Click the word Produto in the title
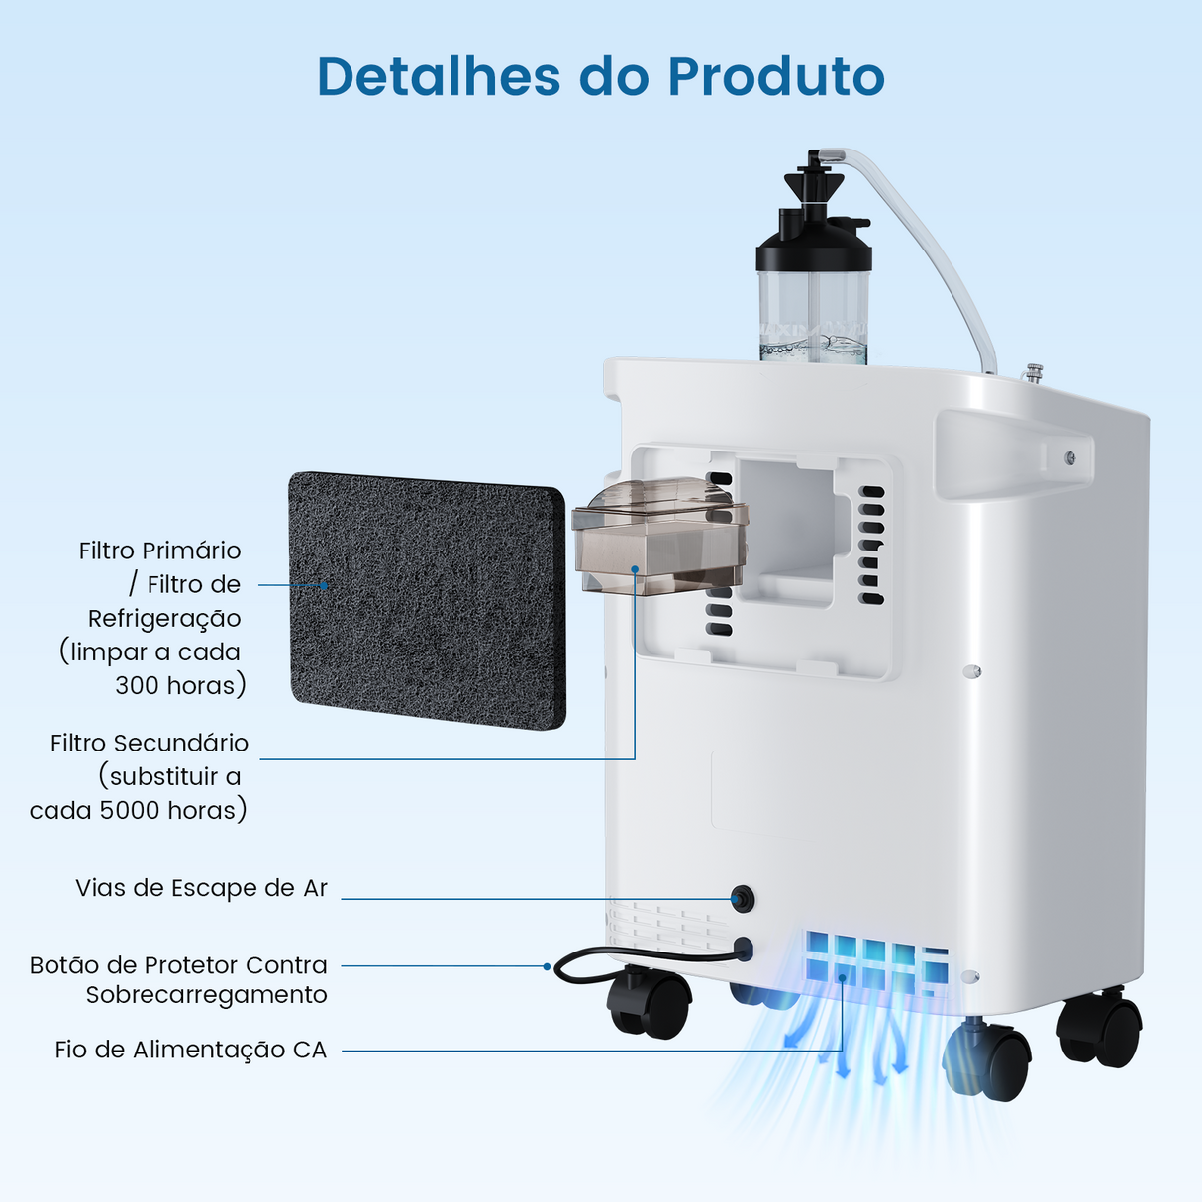coord(775,76)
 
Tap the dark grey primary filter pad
coord(426,599)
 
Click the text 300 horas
coord(178,685)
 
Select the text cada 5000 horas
coord(137,810)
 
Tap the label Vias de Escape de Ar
coord(201,888)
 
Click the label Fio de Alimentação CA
coord(190,1050)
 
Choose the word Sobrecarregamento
coord(206,994)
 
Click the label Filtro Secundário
coord(150,743)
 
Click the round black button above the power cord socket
coord(740,899)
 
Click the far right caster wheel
coord(1101,1030)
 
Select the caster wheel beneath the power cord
coord(649,1002)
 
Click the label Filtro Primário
coord(159,551)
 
